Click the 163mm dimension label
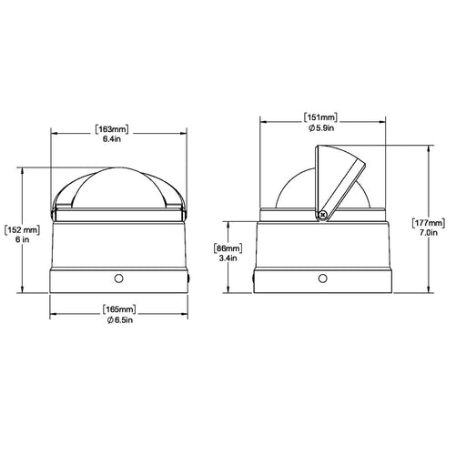112,129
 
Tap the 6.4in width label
112,139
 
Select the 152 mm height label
22,229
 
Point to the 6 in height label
22,239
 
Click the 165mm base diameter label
119,309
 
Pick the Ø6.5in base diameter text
120,319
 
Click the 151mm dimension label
320,117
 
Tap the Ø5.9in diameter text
321,128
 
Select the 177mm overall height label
429,223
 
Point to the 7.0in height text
429,233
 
